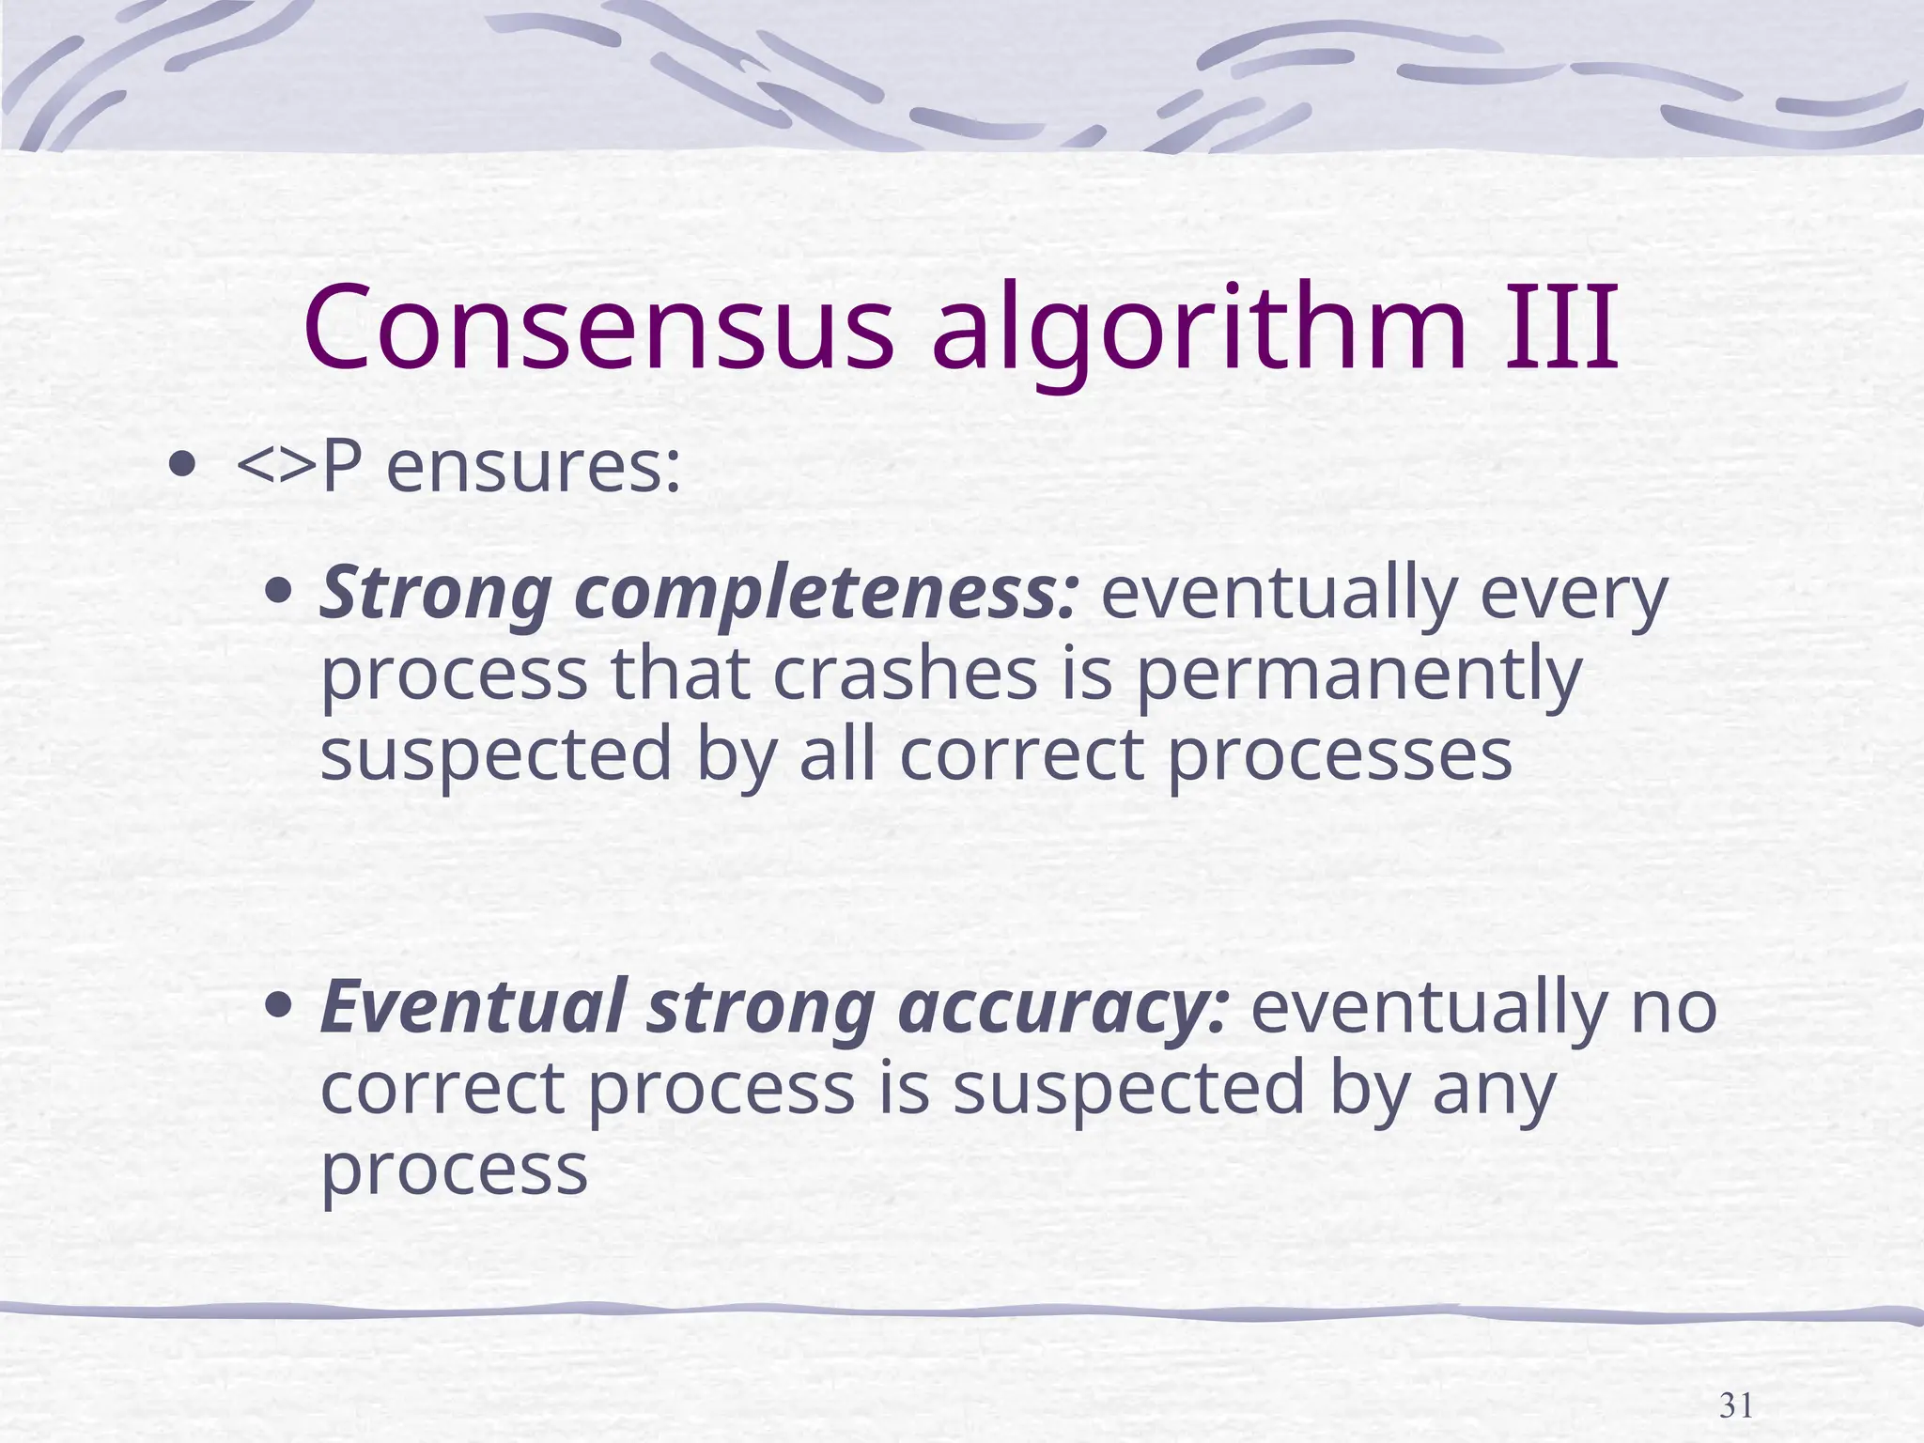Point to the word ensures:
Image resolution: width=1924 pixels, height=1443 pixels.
click(x=533, y=467)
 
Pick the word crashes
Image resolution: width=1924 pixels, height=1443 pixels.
click(x=906, y=674)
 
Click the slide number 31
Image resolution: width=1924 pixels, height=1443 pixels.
click(x=1736, y=1380)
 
